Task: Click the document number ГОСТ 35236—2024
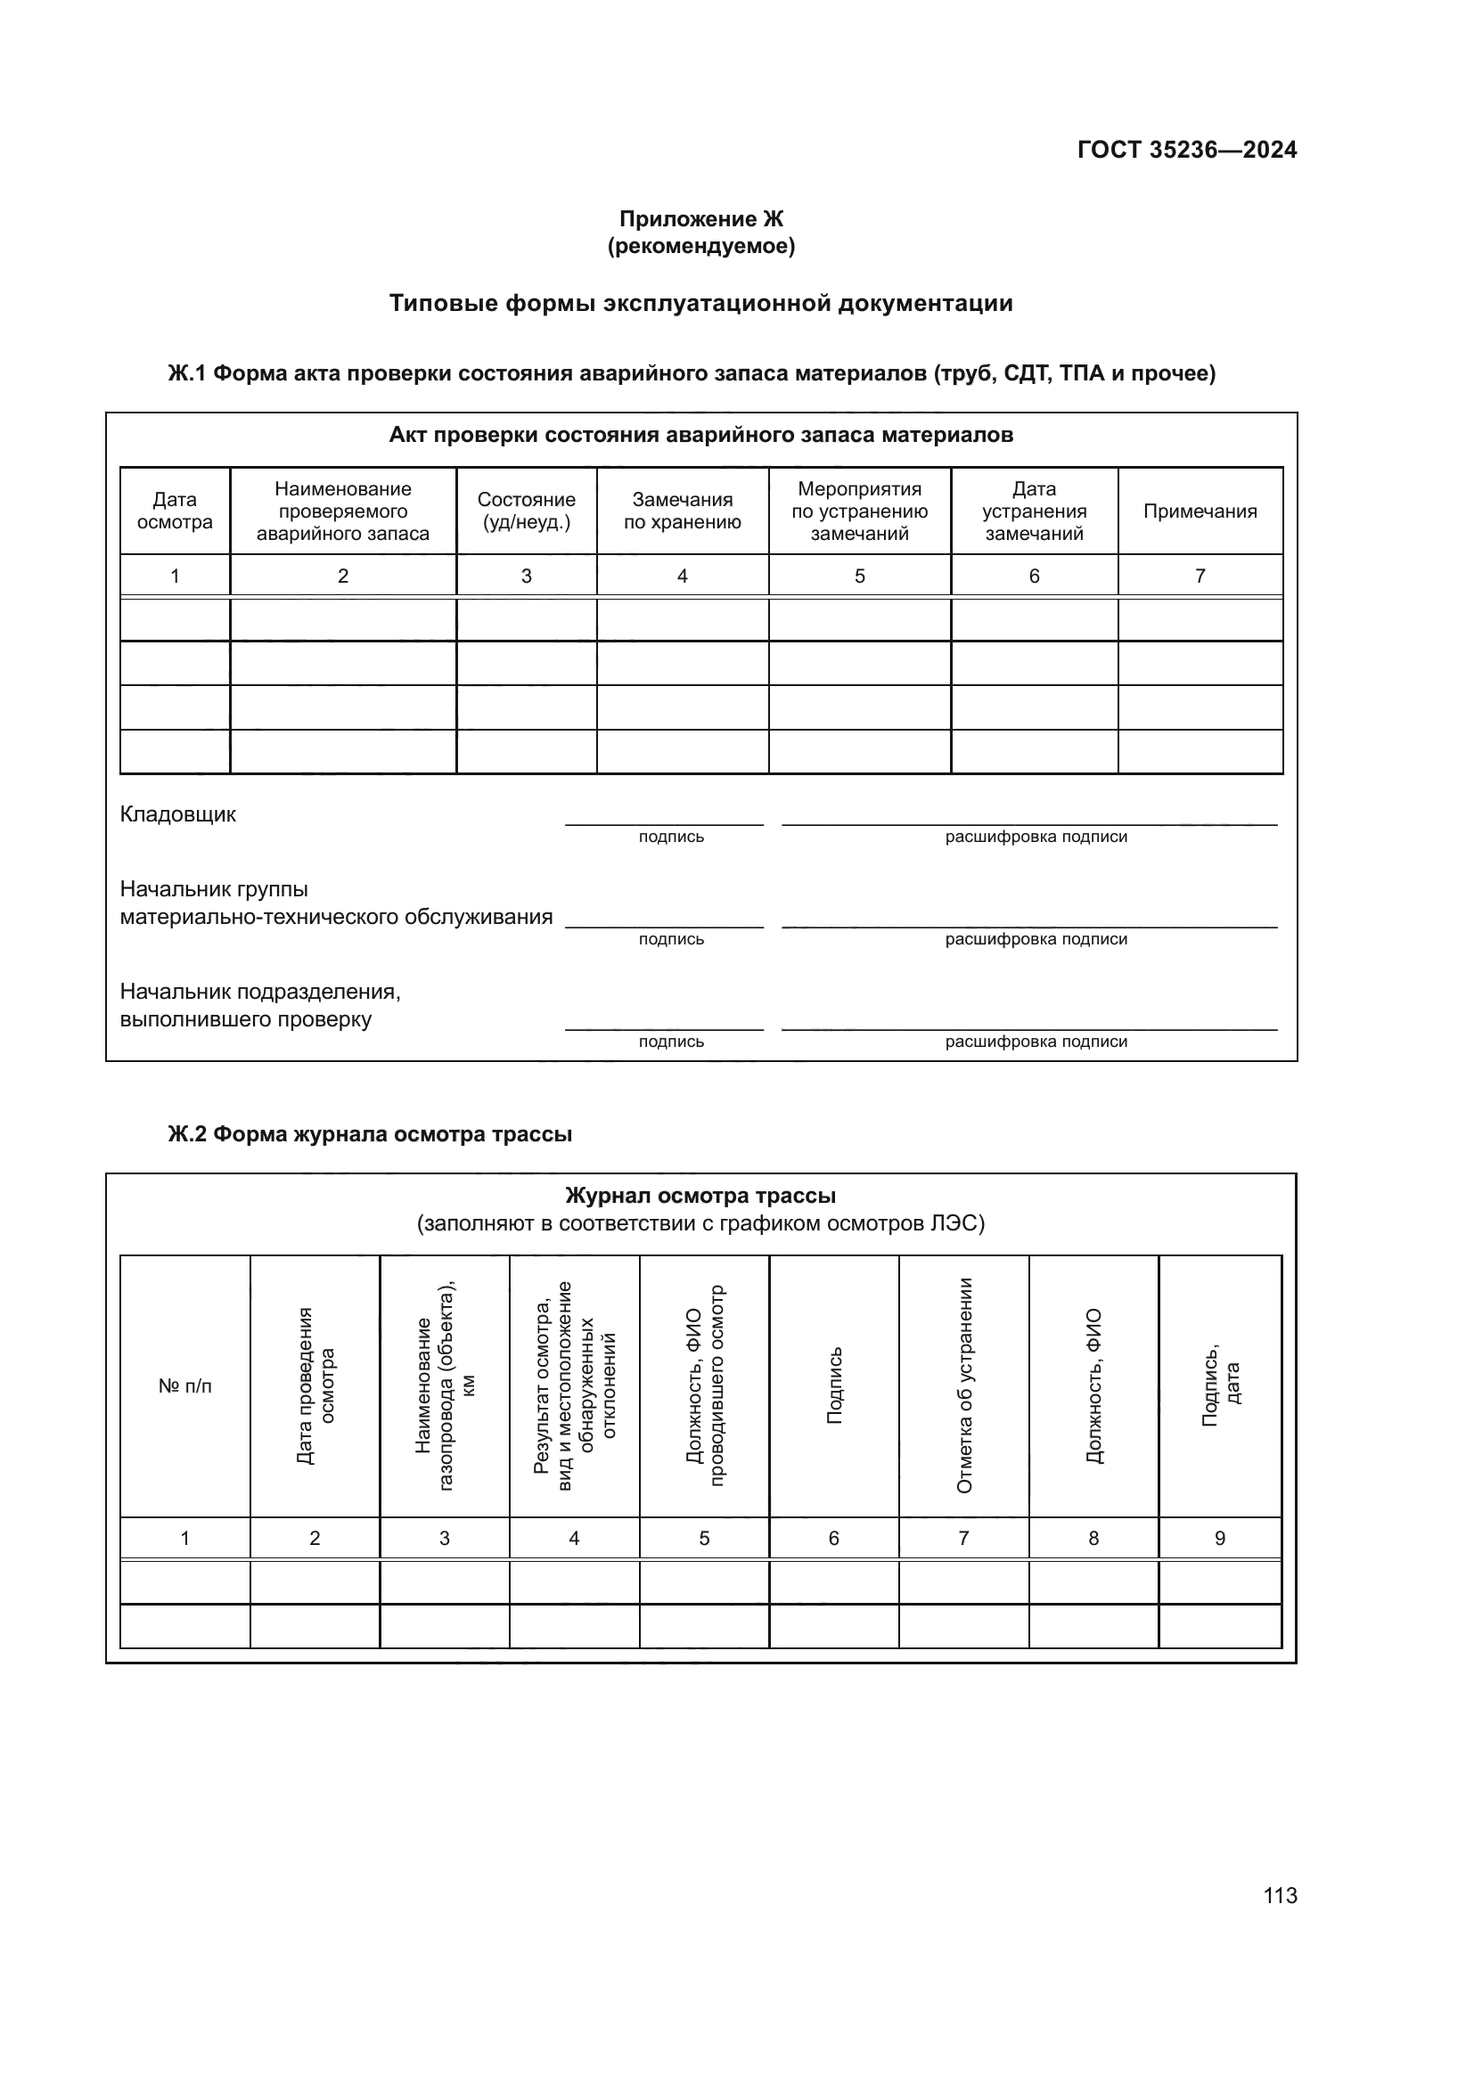coord(1186,150)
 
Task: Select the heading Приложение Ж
coord(700,219)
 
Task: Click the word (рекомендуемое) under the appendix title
coord(700,246)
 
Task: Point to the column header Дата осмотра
coord(175,511)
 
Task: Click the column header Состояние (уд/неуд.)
coord(526,511)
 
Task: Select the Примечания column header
coord(1199,511)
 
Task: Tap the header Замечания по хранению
coord(682,511)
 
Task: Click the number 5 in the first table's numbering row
coord(858,576)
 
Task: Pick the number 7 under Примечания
coord(1199,576)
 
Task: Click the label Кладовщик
coord(178,814)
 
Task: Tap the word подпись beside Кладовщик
coord(671,837)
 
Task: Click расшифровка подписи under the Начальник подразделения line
coord(1036,1042)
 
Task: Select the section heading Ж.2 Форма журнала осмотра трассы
coord(370,1134)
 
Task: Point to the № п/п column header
coord(185,1386)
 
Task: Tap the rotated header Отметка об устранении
coord(964,1385)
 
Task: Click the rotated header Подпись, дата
coord(1220,1385)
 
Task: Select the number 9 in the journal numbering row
coord(1219,1538)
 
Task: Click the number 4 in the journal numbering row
coord(574,1538)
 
